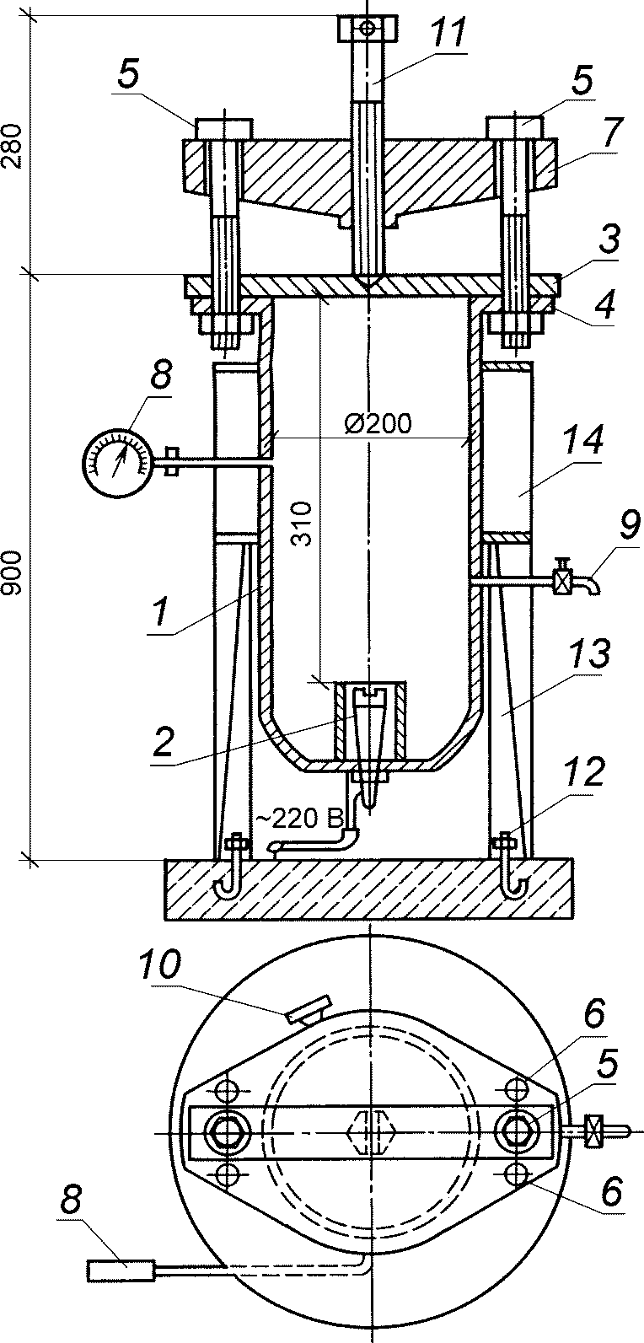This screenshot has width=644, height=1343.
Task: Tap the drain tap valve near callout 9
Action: coord(562,582)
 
